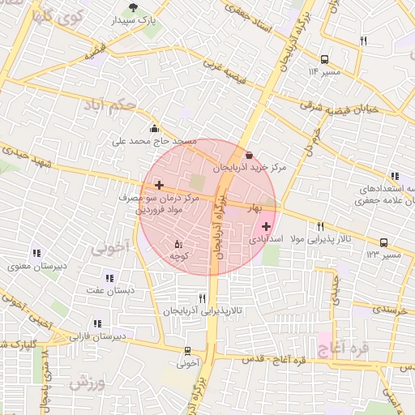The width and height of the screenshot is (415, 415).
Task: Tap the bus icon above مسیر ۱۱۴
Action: pyautogui.click(x=324, y=59)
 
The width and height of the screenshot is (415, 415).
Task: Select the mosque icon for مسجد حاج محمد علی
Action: pyautogui.click(x=154, y=128)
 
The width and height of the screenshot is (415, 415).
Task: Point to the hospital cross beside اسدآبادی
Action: pyautogui.click(x=266, y=226)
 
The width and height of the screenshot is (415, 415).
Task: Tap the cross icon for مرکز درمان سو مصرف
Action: pyautogui.click(x=159, y=186)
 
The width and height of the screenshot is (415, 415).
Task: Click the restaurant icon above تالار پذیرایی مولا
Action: pyautogui.click(x=320, y=226)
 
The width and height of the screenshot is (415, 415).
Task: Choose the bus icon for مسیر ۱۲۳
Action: pyautogui.click(x=383, y=242)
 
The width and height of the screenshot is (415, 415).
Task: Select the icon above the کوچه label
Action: pyautogui.click(x=179, y=243)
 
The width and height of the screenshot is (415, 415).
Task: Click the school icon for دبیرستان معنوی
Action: pyautogui.click(x=37, y=254)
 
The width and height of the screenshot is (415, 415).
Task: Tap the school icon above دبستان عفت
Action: pyautogui.click(x=109, y=277)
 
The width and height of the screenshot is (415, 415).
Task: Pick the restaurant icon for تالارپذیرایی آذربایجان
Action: pyautogui.click(x=202, y=299)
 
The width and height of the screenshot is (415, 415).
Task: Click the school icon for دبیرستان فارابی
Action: pyautogui.click(x=97, y=323)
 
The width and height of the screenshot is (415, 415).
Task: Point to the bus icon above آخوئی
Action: pyautogui.click(x=188, y=351)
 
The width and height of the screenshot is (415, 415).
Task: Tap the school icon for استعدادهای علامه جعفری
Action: pyautogui.click(x=395, y=176)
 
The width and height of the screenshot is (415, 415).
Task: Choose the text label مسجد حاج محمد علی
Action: pyautogui.click(x=155, y=141)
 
